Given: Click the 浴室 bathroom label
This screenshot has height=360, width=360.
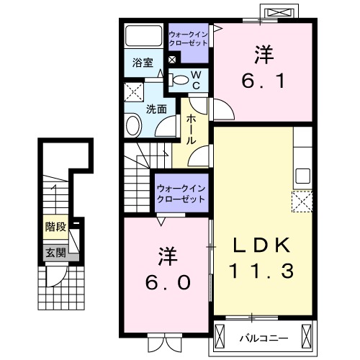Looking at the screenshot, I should [142, 63].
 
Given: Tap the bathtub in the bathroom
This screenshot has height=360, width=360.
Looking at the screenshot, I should [143, 37].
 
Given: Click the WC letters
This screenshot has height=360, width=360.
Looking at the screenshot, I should [194, 79].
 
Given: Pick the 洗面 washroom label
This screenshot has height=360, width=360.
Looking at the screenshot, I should [157, 109].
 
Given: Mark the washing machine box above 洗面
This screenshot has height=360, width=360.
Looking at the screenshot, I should [133, 93].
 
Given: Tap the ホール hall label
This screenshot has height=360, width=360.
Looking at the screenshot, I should [192, 130].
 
